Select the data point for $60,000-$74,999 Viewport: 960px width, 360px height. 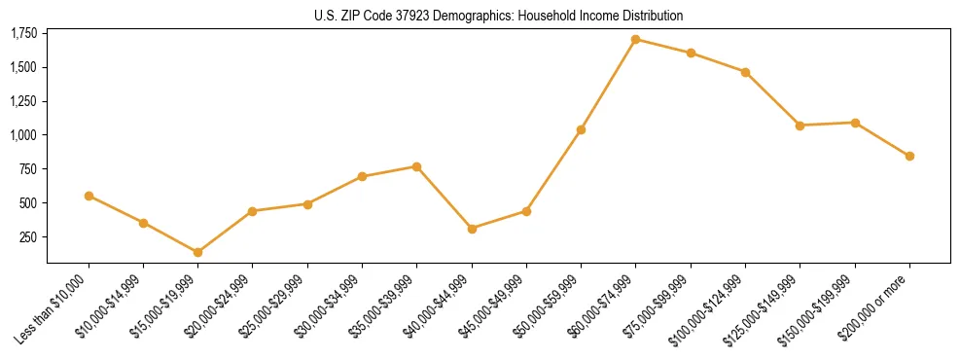(x=635, y=40)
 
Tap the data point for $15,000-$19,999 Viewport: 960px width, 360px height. (x=198, y=252)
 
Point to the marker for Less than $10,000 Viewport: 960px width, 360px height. (x=89, y=196)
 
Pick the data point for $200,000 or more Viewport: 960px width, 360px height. (x=909, y=156)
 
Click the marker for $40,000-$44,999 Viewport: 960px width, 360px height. (x=472, y=229)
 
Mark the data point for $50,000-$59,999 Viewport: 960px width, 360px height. (x=581, y=129)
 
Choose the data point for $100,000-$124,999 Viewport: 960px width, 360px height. (x=745, y=72)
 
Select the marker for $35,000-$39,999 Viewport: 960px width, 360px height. (x=417, y=166)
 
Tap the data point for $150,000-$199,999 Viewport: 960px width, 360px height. (x=855, y=123)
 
